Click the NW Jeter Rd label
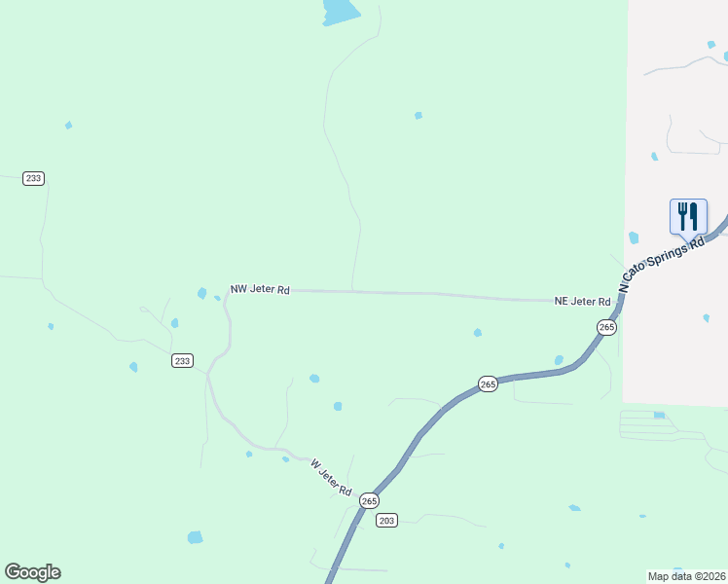260,289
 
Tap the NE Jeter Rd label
582,302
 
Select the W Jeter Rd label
330,477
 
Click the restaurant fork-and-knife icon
688,215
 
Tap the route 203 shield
386,520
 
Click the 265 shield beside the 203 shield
369,500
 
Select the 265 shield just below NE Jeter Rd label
607,328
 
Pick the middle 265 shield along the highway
489,384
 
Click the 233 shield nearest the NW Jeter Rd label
182,360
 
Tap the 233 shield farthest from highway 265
34,178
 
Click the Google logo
32,572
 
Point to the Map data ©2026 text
686,575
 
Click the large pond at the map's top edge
340,11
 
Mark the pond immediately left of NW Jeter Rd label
202,293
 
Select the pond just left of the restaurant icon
635,237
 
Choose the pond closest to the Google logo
195,537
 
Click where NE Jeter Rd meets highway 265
620,302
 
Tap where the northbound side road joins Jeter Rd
352,290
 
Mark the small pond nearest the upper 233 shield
68,126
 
